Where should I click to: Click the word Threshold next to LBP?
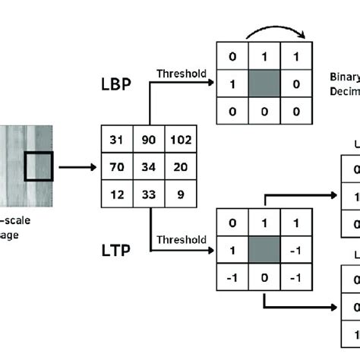coord(181,74)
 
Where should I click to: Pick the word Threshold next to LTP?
coord(181,240)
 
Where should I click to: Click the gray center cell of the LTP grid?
coord(263,248)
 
